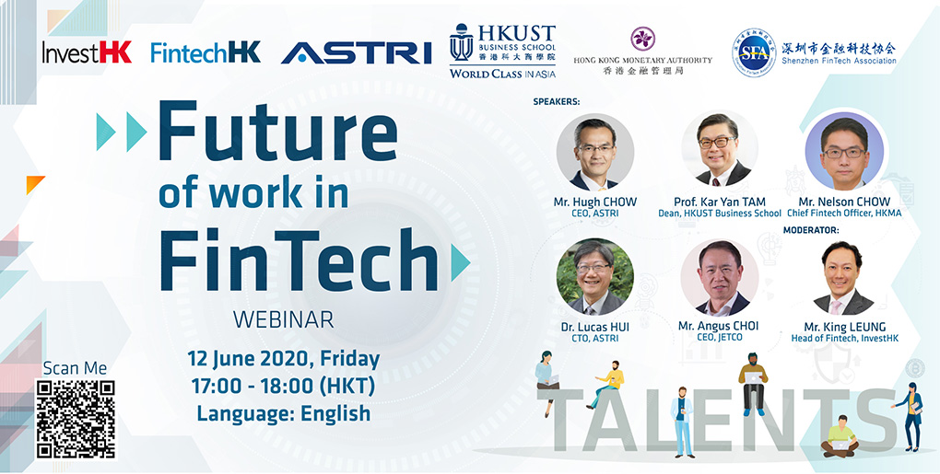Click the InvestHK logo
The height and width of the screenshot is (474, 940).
tap(87, 52)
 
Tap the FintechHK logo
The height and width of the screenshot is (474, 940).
tap(206, 52)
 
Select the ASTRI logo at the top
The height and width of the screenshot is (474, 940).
tap(357, 52)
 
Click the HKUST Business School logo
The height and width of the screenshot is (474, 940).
tap(502, 51)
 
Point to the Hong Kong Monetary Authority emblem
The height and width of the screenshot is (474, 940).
tap(642, 39)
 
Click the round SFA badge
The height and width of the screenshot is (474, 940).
tap(754, 52)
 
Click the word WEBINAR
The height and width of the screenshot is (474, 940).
tap(284, 319)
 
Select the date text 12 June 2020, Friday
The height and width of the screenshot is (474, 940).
tap(284, 359)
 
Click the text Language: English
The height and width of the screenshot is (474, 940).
tap(284, 413)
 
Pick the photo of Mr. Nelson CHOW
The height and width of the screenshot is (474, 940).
tap(844, 151)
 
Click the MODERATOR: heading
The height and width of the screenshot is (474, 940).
tap(811, 229)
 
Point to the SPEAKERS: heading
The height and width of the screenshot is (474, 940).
tap(557, 102)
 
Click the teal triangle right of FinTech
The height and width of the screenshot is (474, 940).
tap(460, 262)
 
